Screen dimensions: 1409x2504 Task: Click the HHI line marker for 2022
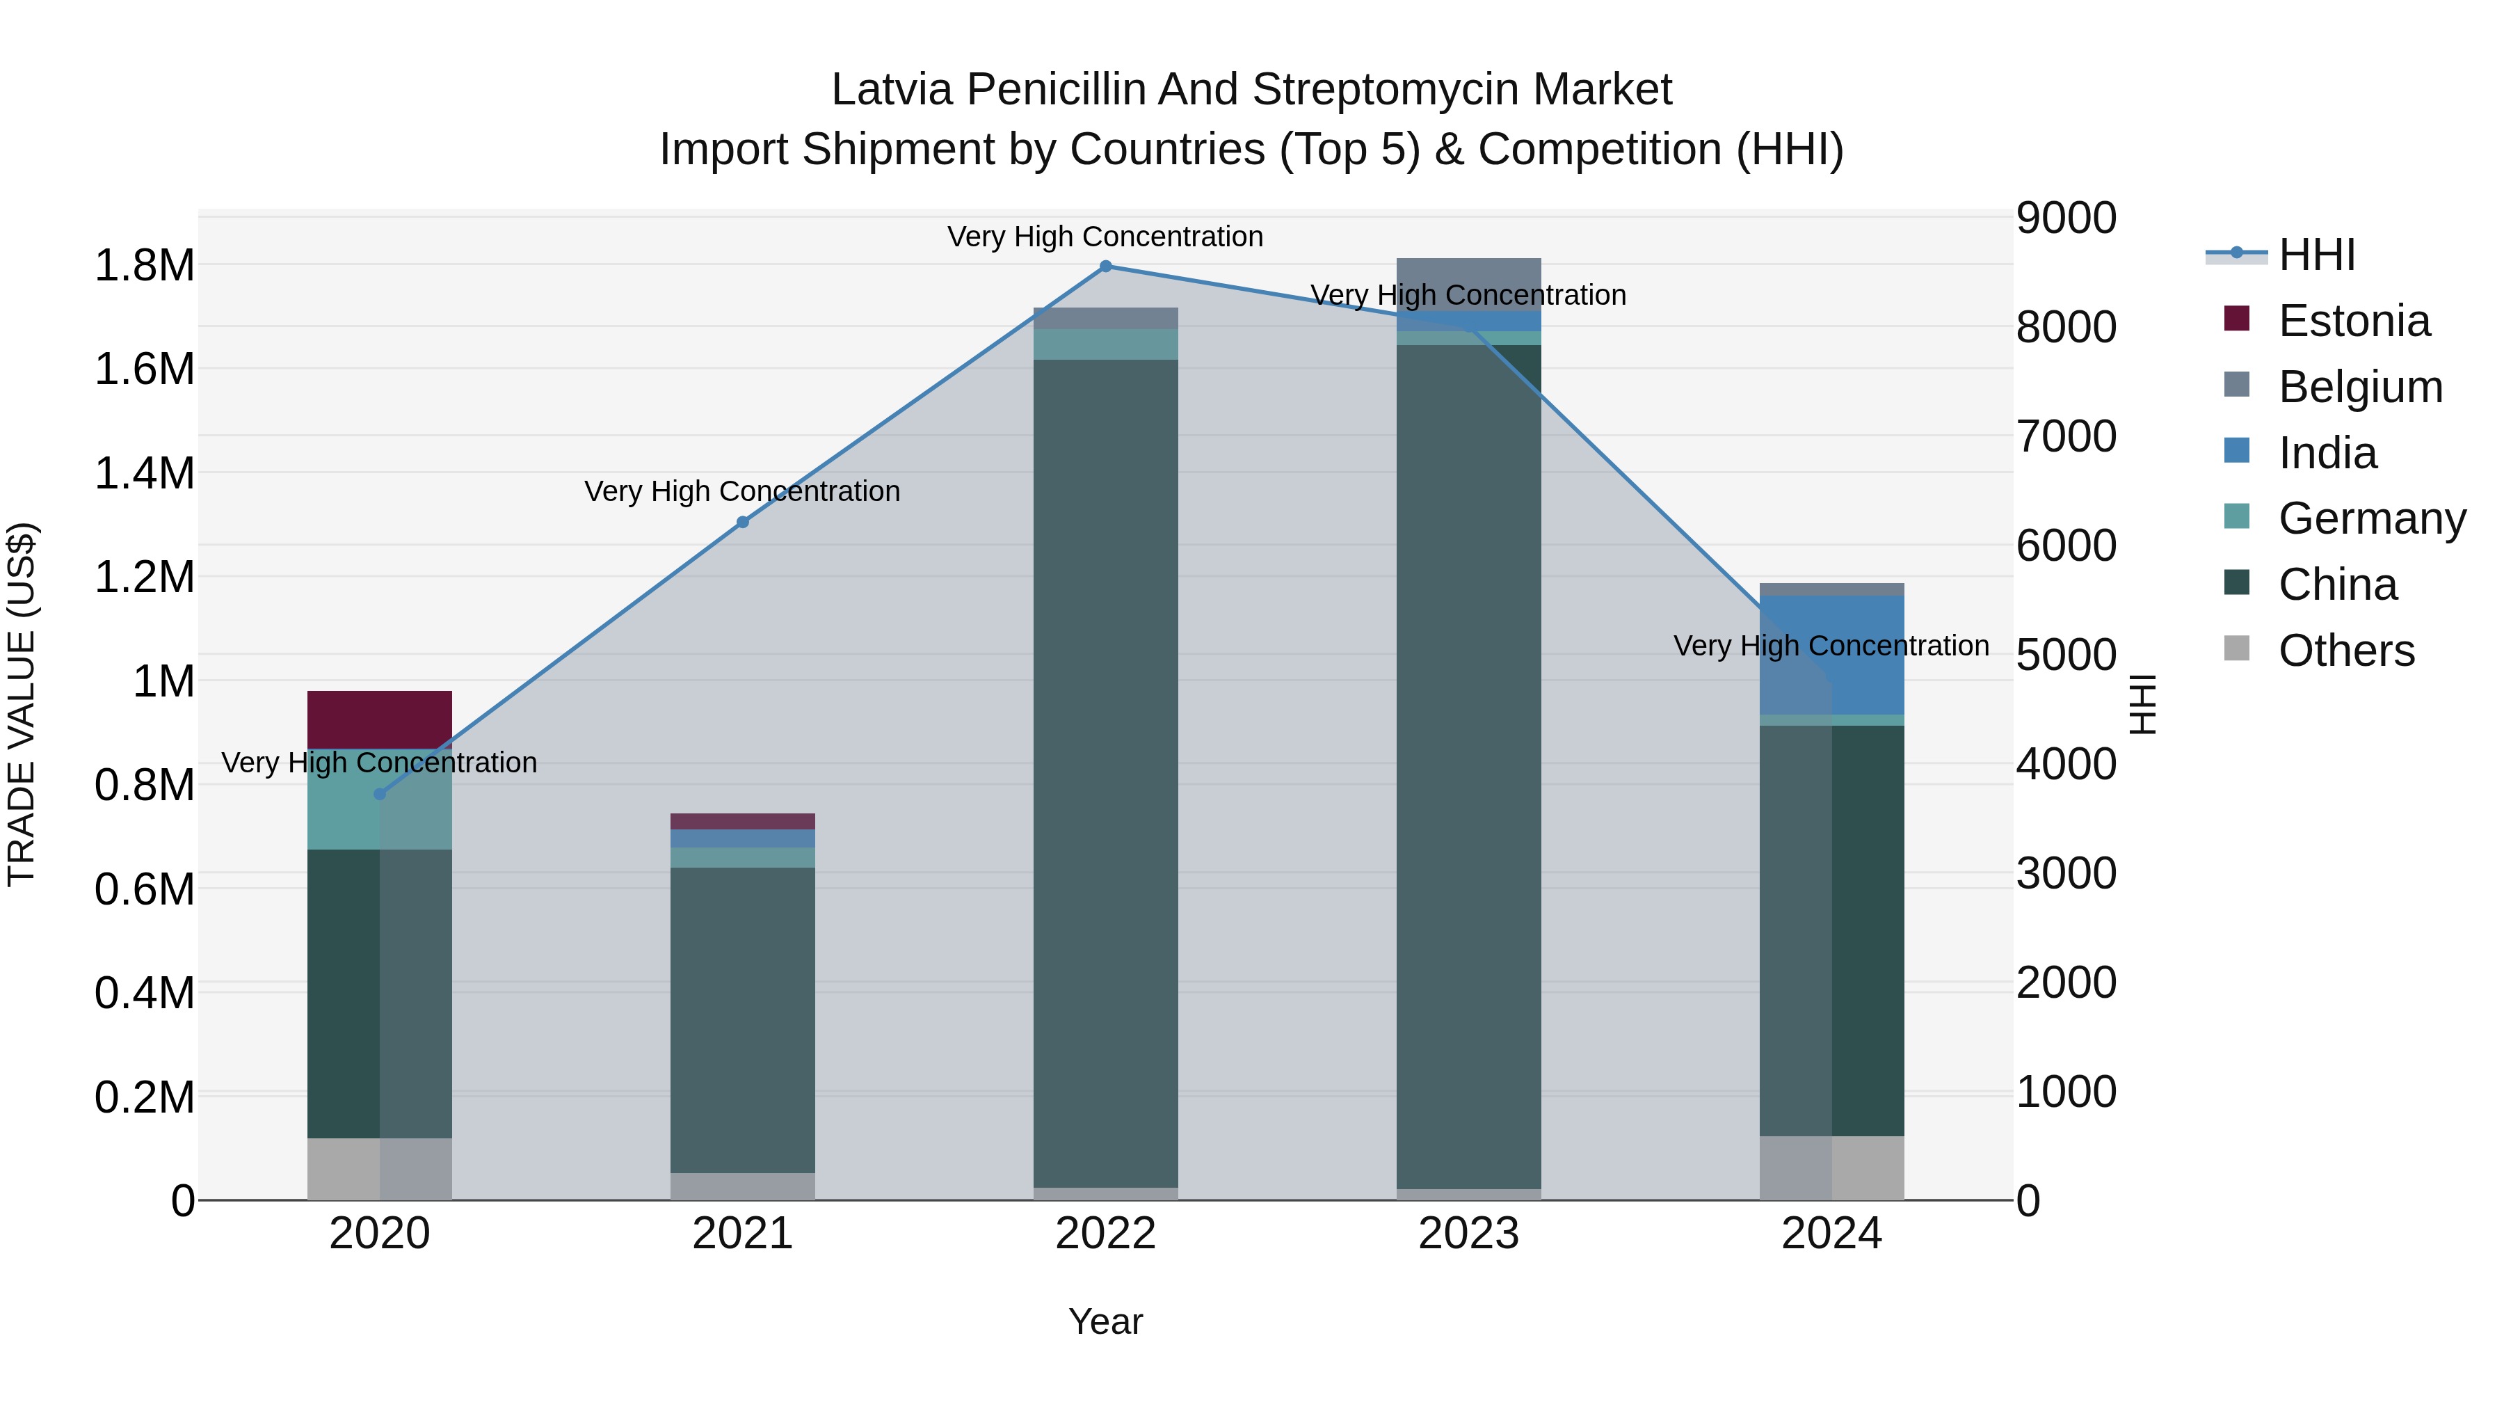(1105, 266)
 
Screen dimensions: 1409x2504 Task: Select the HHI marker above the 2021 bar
(743, 522)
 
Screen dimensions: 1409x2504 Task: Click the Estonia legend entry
(2352, 321)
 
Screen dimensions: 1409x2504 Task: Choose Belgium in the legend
(2359, 387)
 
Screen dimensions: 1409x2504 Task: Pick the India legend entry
(2327, 453)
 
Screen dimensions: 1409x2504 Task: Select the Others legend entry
(2345, 651)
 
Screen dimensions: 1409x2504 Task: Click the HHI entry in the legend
(2316, 255)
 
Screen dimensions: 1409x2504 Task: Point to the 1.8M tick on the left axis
(144, 266)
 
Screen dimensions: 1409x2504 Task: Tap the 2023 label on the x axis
(1468, 1234)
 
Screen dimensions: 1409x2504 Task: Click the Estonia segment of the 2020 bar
(380, 719)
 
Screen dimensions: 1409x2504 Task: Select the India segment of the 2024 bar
(1831, 655)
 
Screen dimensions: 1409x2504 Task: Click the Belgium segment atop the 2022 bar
(1105, 318)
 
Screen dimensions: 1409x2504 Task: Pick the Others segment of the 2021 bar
(743, 1186)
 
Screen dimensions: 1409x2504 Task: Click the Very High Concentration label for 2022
(1105, 237)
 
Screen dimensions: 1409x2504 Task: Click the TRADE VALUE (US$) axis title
(22, 705)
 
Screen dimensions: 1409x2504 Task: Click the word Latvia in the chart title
(892, 90)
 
